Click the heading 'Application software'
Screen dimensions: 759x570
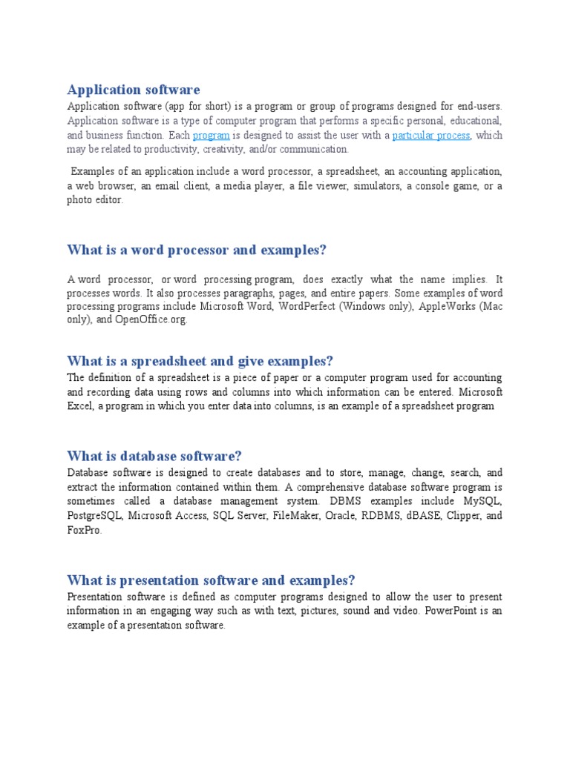tap(134, 90)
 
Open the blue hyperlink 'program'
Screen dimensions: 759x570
tap(211, 135)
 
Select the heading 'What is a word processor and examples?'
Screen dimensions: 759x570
tap(197, 251)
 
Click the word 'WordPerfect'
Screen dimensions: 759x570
tap(307, 306)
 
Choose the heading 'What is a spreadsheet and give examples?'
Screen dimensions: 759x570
tap(200, 361)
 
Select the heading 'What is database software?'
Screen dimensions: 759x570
tap(154, 456)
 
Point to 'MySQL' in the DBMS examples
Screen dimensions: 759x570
tap(483, 501)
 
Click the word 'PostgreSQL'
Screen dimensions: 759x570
tap(94, 515)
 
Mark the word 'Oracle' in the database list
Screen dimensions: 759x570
tap(341, 515)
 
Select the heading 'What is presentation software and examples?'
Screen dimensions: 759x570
tap(212, 580)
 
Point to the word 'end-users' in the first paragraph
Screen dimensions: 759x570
tap(477, 106)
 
